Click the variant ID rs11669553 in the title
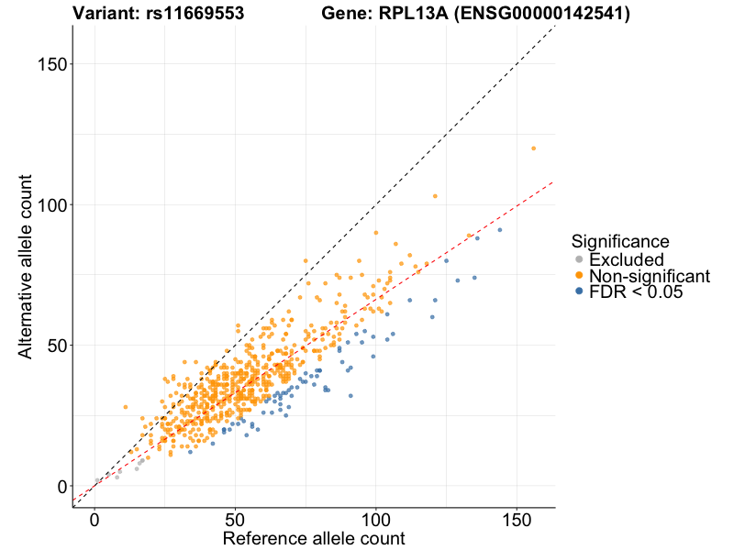pyautogui.click(x=194, y=14)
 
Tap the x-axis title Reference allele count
pyautogui.click(x=314, y=538)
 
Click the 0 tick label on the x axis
pyautogui.click(x=95, y=519)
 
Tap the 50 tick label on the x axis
pyautogui.click(x=235, y=519)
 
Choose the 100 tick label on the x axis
pyautogui.click(x=375, y=519)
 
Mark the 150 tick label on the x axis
pyautogui.click(x=516, y=519)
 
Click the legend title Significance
pyautogui.click(x=619, y=241)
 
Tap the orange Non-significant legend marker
pyautogui.click(x=579, y=276)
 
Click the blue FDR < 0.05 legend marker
pyautogui.click(x=579, y=291)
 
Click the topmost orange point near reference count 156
pyautogui.click(x=533, y=148)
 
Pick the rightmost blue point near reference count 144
pyautogui.click(x=500, y=230)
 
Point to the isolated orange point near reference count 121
pyautogui.click(x=435, y=196)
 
